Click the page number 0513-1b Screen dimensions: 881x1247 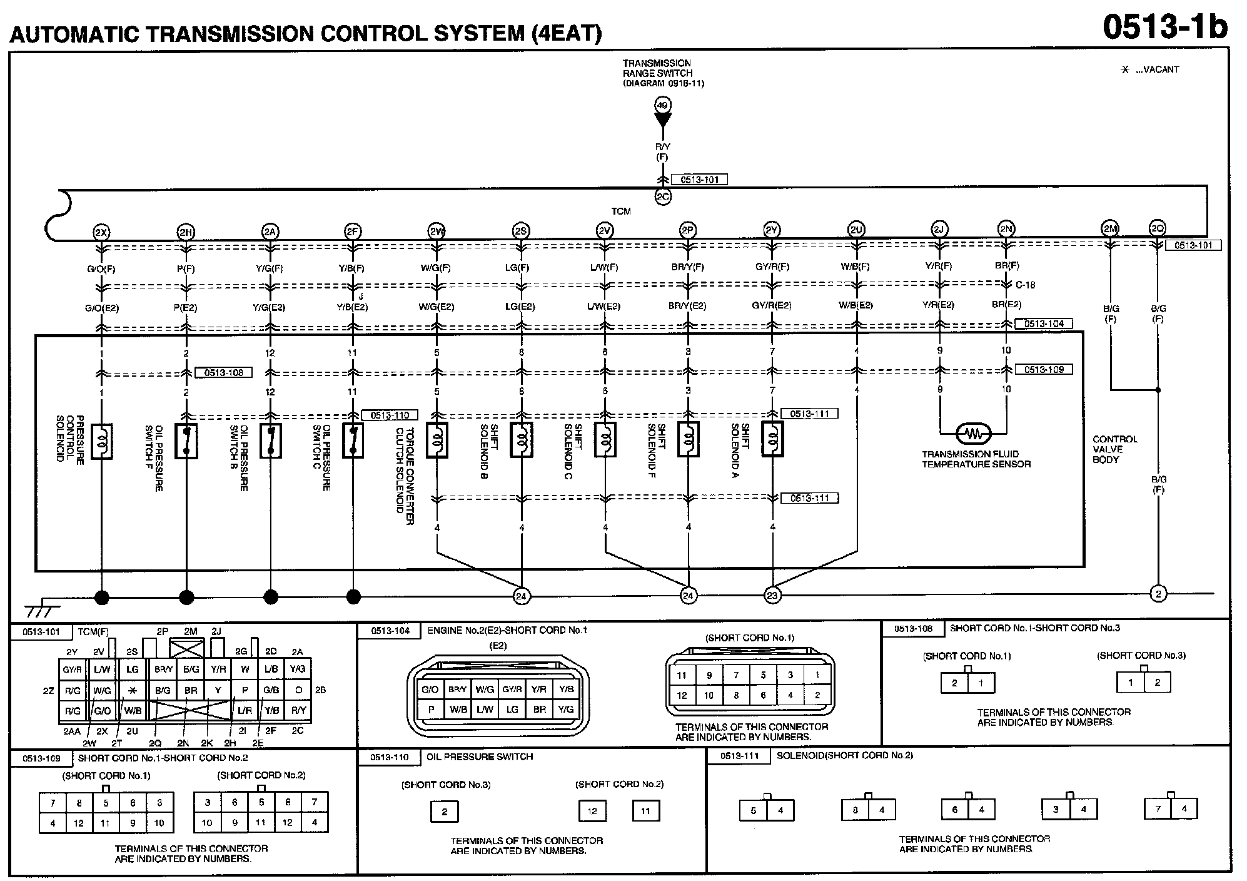(1165, 26)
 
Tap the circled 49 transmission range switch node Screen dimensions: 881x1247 (662, 105)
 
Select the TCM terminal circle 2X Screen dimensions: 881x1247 (101, 232)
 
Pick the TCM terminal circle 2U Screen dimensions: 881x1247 (856, 230)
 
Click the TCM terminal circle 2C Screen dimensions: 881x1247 (662, 197)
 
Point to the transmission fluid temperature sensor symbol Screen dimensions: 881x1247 (973, 433)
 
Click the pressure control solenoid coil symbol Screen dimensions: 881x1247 (101, 441)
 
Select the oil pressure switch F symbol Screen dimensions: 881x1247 (186, 440)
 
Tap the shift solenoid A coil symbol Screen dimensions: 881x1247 (772, 439)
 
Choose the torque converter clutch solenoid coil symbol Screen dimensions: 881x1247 (437, 439)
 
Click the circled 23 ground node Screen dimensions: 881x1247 (772, 596)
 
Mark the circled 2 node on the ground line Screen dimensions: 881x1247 (1158, 594)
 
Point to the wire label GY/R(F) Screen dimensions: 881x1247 (772, 267)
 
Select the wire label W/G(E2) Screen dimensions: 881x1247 (437, 307)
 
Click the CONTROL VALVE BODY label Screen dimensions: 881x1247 (1115, 449)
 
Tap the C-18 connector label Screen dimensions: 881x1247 (1025, 285)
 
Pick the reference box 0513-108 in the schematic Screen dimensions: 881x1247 (223, 373)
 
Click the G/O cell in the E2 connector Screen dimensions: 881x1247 (430, 690)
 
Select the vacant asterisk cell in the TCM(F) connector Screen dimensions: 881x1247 (132, 690)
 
